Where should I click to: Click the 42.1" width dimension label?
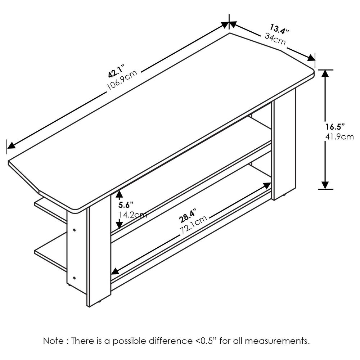[x=116, y=71]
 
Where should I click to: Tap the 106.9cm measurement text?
[x=122, y=80]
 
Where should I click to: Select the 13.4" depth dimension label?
[x=279, y=29]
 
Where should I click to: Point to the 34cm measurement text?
[x=275, y=39]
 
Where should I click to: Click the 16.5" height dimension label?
[x=335, y=126]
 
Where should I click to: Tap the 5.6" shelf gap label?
[x=126, y=204]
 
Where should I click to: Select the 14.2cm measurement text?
[x=133, y=215]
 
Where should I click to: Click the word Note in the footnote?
[x=53, y=341]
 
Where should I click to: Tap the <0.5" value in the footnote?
[x=205, y=341]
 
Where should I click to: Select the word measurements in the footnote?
[x=277, y=341]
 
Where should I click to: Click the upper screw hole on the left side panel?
[x=75, y=230]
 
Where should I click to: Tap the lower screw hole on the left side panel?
[x=75, y=278]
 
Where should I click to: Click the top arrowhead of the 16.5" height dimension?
[x=325, y=73]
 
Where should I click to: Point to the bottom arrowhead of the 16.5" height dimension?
[x=325, y=185]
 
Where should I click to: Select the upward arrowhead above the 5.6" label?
[x=119, y=194]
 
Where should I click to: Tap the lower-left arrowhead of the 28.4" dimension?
[x=115, y=271]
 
